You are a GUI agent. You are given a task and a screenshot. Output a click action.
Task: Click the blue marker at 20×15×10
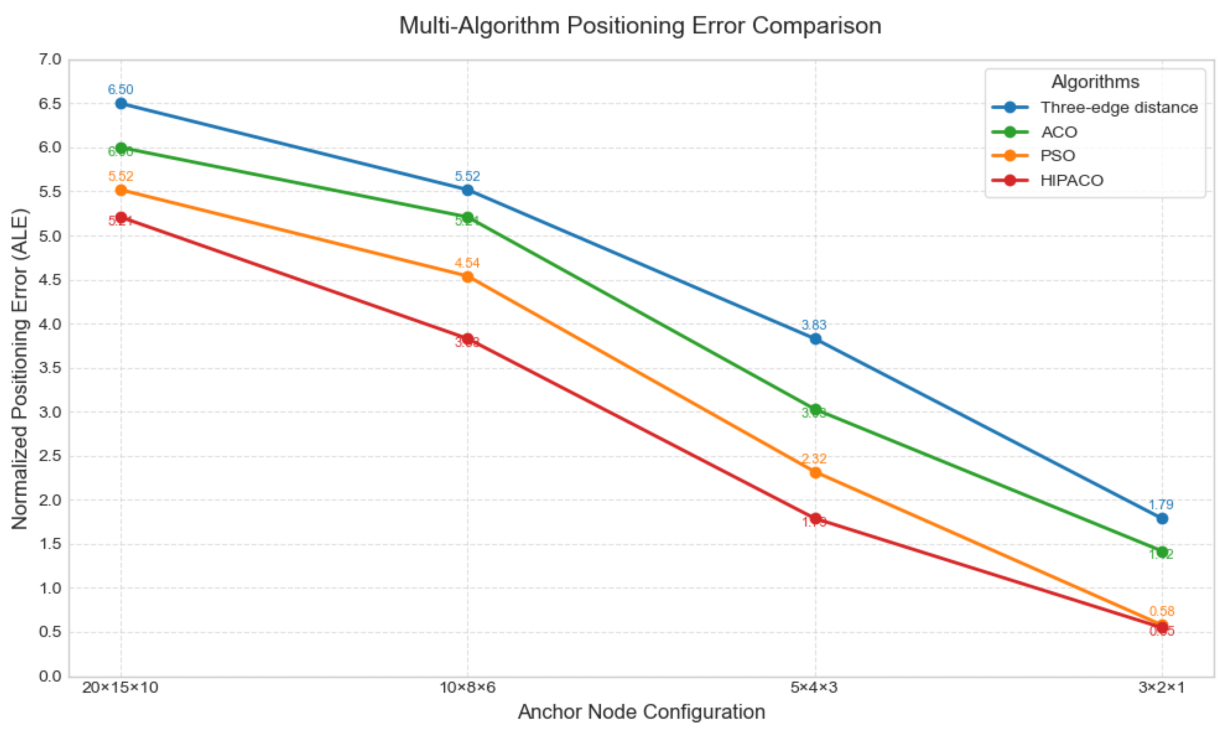pos(121,103)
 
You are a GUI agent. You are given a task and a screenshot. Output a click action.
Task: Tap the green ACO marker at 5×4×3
pos(815,410)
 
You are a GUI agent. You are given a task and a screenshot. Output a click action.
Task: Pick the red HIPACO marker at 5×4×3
pos(815,519)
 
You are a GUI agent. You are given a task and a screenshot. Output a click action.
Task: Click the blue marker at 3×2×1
pos(1162,518)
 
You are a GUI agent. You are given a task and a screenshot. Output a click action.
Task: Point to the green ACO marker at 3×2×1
pos(1162,552)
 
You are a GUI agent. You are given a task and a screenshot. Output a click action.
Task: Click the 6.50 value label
pos(121,90)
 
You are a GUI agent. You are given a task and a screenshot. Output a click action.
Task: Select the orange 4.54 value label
pos(467,263)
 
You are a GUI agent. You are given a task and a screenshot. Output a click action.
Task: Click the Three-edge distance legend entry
pos(1119,107)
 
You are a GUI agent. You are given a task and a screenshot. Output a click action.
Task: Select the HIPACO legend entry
pos(1071,180)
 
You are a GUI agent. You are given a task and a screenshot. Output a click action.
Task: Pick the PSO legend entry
pos(1058,156)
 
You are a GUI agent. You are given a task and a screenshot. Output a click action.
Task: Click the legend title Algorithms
pos(1095,82)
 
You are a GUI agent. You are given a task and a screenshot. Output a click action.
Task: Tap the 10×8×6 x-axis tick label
pos(467,687)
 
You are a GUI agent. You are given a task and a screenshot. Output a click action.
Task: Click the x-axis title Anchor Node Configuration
pos(641,712)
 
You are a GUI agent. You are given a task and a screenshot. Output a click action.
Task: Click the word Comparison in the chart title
pos(816,26)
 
